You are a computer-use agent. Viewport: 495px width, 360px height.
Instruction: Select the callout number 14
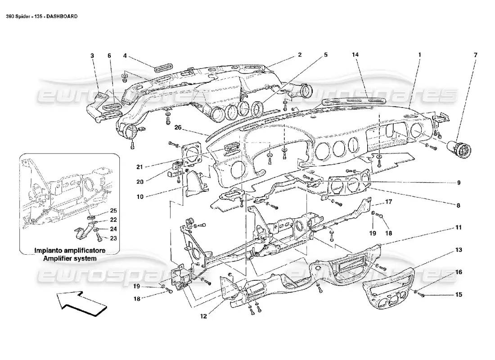coord(355,55)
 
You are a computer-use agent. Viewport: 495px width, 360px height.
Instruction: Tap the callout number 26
coord(178,127)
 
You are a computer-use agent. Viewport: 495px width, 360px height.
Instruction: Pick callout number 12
coord(203,316)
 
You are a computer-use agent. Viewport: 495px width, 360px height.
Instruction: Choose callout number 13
coord(458,249)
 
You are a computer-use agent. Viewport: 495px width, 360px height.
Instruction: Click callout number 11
coord(458,228)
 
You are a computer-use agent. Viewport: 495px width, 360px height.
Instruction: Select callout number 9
coord(458,183)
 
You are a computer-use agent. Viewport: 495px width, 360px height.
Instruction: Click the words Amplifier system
coord(70,259)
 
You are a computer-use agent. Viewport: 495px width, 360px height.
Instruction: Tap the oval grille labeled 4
coord(162,68)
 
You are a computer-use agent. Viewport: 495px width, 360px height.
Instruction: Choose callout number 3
coord(92,55)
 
